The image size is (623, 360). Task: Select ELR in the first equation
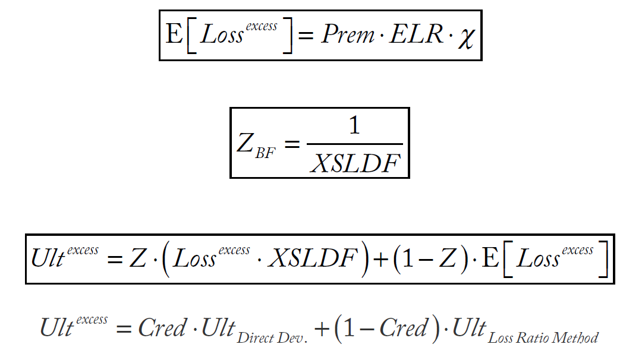click(416, 35)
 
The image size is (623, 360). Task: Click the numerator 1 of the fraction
click(355, 127)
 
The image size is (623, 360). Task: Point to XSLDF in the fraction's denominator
click(355, 162)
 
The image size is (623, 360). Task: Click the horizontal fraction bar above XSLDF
click(355, 144)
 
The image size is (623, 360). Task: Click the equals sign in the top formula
click(305, 36)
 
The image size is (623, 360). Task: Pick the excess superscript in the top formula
click(261, 27)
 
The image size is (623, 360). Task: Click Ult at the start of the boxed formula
click(47, 259)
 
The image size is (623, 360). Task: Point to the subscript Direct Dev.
click(272, 339)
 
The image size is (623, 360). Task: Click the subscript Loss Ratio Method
click(543, 339)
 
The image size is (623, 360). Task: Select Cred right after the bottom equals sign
click(162, 328)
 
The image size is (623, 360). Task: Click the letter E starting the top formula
click(174, 35)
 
